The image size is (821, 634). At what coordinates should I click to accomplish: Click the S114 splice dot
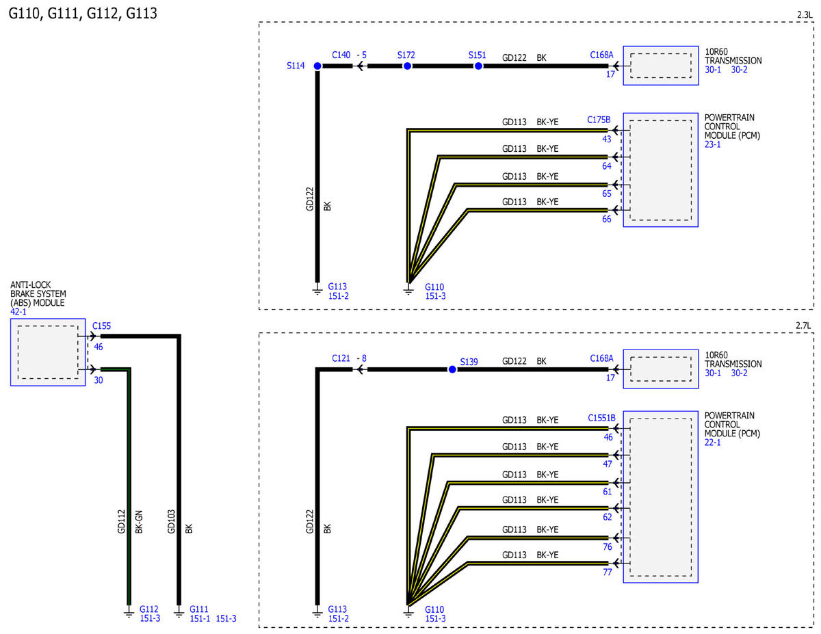tap(317, 66)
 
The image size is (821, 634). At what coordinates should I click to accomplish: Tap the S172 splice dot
tap(407, 66)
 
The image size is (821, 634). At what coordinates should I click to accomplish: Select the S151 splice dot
tap(478, 66)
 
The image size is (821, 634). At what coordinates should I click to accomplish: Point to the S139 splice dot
tap(452, 369)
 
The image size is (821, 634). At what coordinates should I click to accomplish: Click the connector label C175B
tap(599, 120)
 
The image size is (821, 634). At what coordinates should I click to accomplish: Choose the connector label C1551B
tap(602, 418)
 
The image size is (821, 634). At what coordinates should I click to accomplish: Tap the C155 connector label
tap(102, 326)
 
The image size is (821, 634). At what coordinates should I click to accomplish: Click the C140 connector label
tap(341, 55)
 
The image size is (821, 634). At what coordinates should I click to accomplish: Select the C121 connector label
tap(341, 358)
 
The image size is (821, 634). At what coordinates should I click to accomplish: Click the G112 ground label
tap(149, 609)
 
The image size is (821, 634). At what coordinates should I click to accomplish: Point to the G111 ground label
tap(198, 609)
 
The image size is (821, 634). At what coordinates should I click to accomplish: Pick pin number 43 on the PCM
tap(607, 140)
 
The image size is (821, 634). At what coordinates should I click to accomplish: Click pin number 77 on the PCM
tap(608, 572)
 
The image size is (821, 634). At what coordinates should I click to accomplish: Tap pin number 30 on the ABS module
tap(99, 380)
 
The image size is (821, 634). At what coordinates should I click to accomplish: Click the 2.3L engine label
tap(805, 15)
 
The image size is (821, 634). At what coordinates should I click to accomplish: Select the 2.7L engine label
tap(803, 326)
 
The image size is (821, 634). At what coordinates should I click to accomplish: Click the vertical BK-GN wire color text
tap(139, 522)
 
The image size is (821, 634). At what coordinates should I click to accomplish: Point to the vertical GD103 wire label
tap(171, 522)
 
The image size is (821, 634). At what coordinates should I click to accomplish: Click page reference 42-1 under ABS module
tap(18, 312)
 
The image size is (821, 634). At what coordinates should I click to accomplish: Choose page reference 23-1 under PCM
tap(713, 144)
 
